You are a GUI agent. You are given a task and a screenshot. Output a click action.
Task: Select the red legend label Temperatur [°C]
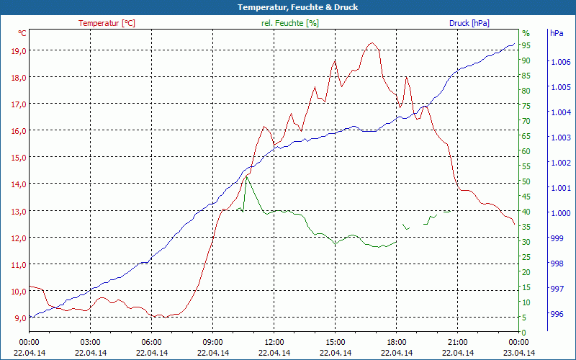pos(107,23)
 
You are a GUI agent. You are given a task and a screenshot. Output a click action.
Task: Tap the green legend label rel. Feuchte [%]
pos(290,23)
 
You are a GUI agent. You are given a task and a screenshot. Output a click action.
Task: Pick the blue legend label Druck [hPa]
pos(469,23)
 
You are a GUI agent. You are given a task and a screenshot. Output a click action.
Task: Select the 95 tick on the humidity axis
pos(526,45)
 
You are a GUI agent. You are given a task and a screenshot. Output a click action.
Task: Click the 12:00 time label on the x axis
pos(274,342)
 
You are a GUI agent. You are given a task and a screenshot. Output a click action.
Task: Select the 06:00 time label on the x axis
pos(152,342)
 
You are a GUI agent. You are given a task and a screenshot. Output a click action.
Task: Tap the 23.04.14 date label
pos(519,352)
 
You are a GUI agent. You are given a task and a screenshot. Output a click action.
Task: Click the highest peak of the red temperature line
pos(372,43)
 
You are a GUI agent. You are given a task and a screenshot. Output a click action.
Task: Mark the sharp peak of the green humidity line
pos(246,176)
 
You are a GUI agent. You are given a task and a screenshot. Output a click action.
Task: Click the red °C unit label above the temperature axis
pos(22,33)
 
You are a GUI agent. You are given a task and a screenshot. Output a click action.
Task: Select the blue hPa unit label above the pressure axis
pos(557,33)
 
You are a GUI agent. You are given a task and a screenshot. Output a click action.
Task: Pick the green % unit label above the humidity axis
pos(526,33)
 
